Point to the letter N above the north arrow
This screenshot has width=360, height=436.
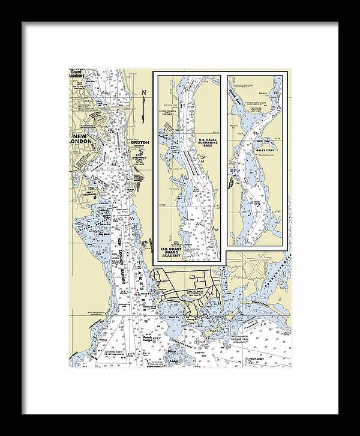(144, 92)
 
